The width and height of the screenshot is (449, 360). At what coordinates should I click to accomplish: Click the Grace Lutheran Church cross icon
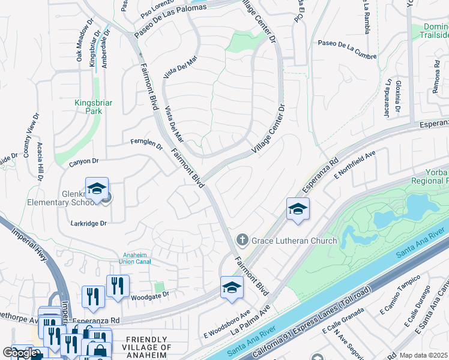[243, 241]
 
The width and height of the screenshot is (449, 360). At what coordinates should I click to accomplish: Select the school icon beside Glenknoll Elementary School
[97, 189]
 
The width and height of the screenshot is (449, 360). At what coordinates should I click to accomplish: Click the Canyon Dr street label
[83, 161]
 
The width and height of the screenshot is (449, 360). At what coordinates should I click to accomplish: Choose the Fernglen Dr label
[146, 143]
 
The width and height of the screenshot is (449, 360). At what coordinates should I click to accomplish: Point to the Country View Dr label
[29, 133]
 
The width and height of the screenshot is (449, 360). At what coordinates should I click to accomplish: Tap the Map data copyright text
[423, 355]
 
